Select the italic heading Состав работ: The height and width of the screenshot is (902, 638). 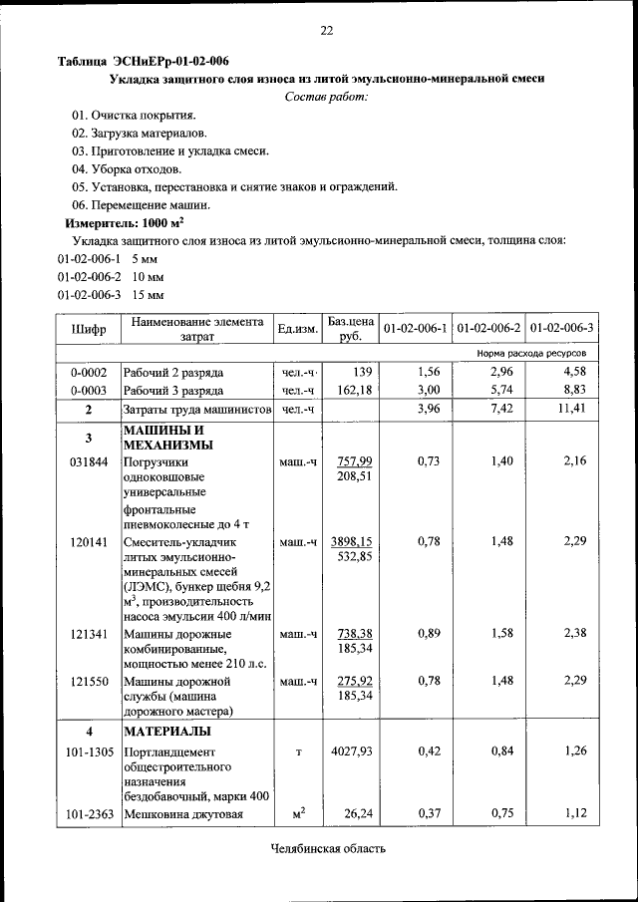[x=326, y=96]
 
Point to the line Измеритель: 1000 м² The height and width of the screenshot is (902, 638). [x=125, y=222]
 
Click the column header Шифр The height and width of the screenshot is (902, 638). [x=88, y=328]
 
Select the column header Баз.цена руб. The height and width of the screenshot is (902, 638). [x=350, y=328]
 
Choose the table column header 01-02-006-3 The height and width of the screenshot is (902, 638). [x=561, y=328]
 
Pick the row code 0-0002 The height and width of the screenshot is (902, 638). [x=88, y=372]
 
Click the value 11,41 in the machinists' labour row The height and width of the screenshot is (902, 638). [x=572, y=410]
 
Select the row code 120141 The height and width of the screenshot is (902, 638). [x=88, y=542]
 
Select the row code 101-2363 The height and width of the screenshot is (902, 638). [x=88, y=815]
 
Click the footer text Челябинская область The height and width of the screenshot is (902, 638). [x=326, y=849]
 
